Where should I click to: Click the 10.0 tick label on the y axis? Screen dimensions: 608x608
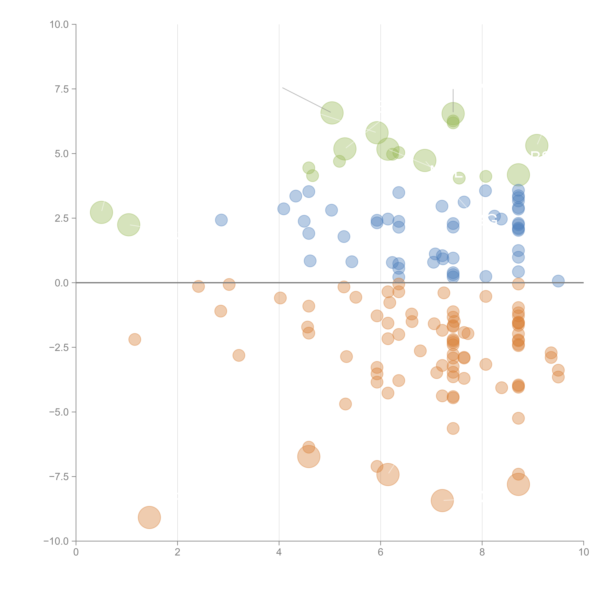click(59, 25)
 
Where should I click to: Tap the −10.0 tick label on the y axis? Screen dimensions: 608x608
click(56, 541)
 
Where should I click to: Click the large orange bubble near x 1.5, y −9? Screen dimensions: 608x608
click(149, 518)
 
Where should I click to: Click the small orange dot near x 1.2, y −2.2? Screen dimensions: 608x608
click(135, 339)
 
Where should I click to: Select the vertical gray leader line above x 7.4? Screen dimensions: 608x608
click(453, 100)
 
